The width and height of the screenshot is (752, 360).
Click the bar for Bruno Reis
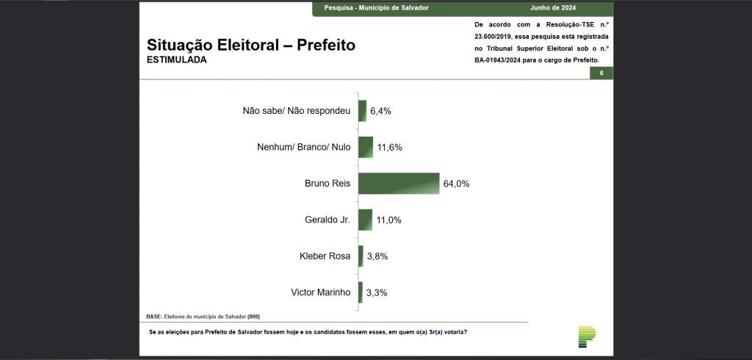(x=398, y=184)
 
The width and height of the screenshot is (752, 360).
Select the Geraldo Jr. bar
(x=365, y=220)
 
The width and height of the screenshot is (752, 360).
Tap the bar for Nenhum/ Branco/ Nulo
(x=366, y=147)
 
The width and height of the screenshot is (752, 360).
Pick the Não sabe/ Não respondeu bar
(x=362, y=111)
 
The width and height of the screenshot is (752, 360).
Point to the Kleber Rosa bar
(x=361, y=256)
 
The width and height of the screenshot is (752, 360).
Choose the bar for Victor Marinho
(x=361, y=292)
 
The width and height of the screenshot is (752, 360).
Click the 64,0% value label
(x=455, y=184)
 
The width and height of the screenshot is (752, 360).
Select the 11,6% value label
(x=389, y=147)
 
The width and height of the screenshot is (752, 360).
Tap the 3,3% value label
(x=377, y=292)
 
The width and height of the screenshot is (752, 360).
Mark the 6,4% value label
(x=380, y=111)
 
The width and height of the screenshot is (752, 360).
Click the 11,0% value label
(x=388, y=220)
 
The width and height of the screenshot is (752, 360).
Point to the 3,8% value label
(x=377, y=256)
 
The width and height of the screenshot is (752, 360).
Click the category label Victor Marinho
(x=321, y=292)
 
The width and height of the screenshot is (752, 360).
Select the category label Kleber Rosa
(x=325, y=256)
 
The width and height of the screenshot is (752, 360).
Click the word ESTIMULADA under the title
(x=177, y=60)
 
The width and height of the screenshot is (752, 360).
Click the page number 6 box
(x=601, y=73)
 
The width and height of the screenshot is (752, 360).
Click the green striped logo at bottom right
(x=587, y=336)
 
